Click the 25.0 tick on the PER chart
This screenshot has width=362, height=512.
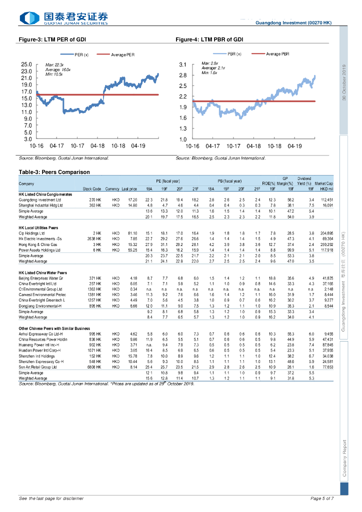point(26,65)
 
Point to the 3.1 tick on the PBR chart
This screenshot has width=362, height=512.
point(182,65)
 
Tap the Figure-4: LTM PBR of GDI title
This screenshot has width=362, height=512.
point(209,39)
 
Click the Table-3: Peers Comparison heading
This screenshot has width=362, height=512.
point(54,172)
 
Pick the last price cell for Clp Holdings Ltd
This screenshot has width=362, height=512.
point(132,233)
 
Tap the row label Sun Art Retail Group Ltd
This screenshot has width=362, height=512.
point(40,367)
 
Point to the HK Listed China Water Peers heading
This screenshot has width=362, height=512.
point(42,272)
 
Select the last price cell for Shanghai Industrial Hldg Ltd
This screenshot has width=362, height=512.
point(132,205)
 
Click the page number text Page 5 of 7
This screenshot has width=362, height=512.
point(322,498)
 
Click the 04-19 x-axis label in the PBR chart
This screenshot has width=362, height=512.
point(294,146)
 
